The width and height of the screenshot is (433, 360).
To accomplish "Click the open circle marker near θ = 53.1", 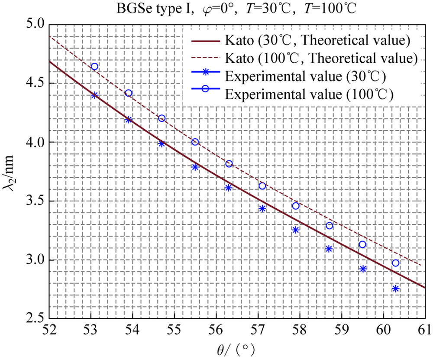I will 94,66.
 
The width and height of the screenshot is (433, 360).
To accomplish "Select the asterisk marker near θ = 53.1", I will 94,95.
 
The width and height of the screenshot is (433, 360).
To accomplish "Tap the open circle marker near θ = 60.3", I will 395,263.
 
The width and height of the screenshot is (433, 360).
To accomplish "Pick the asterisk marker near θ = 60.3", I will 395,289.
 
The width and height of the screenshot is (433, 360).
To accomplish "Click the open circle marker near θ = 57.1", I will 262,186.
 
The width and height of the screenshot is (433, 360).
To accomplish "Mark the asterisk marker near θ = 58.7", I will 329,249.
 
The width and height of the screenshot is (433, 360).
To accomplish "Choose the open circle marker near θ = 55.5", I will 195,142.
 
